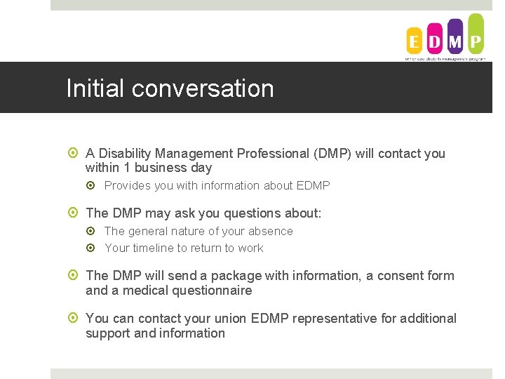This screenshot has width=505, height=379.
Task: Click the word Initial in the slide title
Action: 95,88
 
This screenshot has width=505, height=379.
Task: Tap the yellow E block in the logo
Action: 415,41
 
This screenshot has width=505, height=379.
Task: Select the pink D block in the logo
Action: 435,41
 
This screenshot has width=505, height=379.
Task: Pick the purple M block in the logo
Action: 455,38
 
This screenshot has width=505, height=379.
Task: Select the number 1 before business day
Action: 125,168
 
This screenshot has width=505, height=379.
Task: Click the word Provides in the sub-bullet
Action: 126,186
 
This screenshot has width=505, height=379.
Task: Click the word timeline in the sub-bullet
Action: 153,248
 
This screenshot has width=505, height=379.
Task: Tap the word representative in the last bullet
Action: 335,319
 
